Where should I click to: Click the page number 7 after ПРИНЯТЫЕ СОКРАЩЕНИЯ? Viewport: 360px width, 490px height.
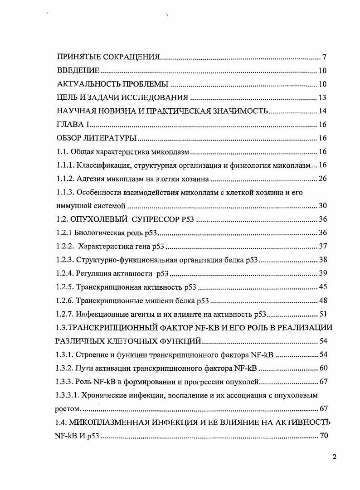pos(325,57)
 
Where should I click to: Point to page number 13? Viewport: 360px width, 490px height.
pos(322,98)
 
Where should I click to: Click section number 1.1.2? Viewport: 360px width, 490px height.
pos(65,179)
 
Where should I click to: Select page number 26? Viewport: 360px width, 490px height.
pos(322,179)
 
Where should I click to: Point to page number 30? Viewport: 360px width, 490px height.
pos(322,206)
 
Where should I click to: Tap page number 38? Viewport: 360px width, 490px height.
pos(322,260)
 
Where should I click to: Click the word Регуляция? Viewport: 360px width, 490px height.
pos(93,273)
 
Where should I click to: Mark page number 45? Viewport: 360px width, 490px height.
pos(322,287)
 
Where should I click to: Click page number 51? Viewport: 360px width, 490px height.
pos(322,314)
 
